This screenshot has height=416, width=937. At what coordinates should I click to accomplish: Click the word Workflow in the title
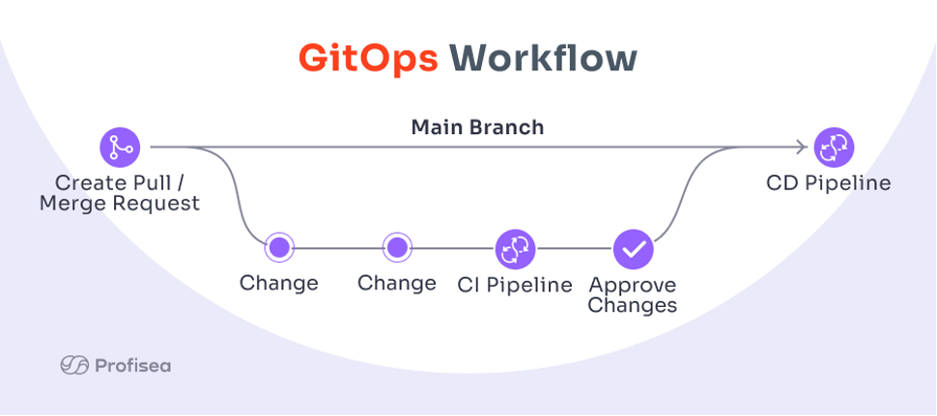coord(543,59)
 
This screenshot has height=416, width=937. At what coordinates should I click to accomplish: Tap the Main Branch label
coord(477,127)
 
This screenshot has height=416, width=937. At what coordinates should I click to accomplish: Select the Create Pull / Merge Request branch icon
coord(120,147)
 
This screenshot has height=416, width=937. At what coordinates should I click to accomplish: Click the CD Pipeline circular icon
coord(835,148)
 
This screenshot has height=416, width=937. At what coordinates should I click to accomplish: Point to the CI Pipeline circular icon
coord(515,249)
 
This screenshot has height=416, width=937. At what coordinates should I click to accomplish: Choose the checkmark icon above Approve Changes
coord(634,249)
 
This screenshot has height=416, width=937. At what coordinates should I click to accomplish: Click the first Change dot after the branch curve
coord(279,247)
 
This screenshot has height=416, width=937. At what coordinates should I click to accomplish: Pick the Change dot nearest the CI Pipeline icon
coord(397,247)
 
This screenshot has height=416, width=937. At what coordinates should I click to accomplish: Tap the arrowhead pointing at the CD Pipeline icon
coord(802,147)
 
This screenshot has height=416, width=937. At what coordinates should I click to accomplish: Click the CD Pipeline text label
coord(828,182)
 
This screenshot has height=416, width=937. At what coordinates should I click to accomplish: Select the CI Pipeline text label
coord(515,285)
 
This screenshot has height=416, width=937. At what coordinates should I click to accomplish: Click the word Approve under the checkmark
coord(633,286)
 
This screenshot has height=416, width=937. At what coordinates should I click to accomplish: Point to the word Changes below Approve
coord(633,306)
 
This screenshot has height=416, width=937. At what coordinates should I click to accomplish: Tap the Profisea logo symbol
coord(74,365)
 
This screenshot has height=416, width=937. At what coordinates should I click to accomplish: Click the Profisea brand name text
coord(132,365)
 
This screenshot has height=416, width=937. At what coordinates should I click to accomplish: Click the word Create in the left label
coord(86,182)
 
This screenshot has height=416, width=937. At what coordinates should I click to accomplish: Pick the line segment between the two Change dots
coord(338,248)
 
